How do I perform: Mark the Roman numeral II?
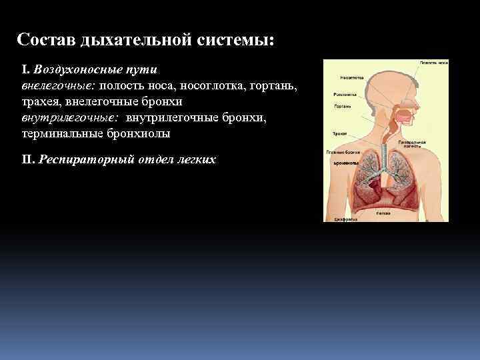(x=27, y=160)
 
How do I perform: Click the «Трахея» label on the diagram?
(x=331, y=134)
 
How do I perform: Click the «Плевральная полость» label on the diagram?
(x=412, y=144)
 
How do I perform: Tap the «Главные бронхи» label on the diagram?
(x=339, y=153)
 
